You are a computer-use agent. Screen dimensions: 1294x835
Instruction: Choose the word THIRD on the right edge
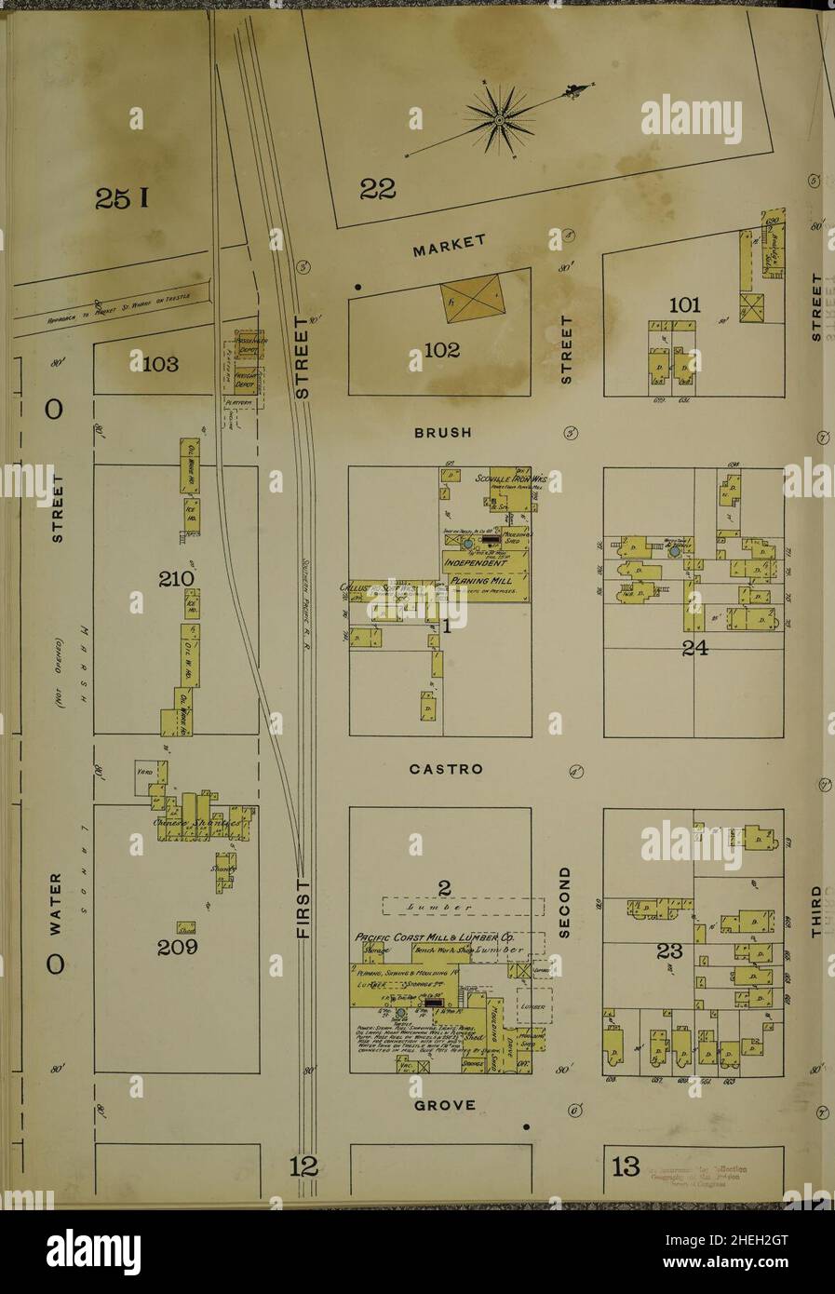(x=816, y=910)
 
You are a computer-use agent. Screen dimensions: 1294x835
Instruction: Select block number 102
(x=440, y=351)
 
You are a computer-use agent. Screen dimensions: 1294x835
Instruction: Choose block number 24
(x=694, y=649)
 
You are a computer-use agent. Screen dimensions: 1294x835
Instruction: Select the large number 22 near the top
(x=378, y=189)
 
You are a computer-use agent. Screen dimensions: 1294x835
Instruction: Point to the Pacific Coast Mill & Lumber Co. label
(x=434, y=937)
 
